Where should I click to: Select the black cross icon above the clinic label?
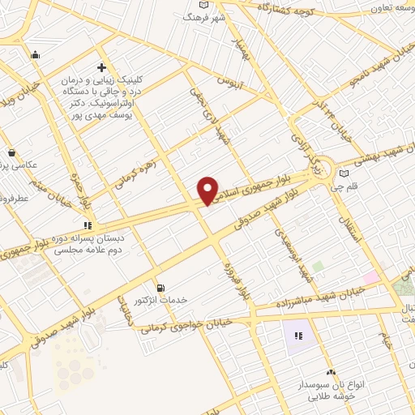(x=101, y=67)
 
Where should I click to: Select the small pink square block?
(x=370, y=278)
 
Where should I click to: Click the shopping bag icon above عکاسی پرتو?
(x=11, y=152)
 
